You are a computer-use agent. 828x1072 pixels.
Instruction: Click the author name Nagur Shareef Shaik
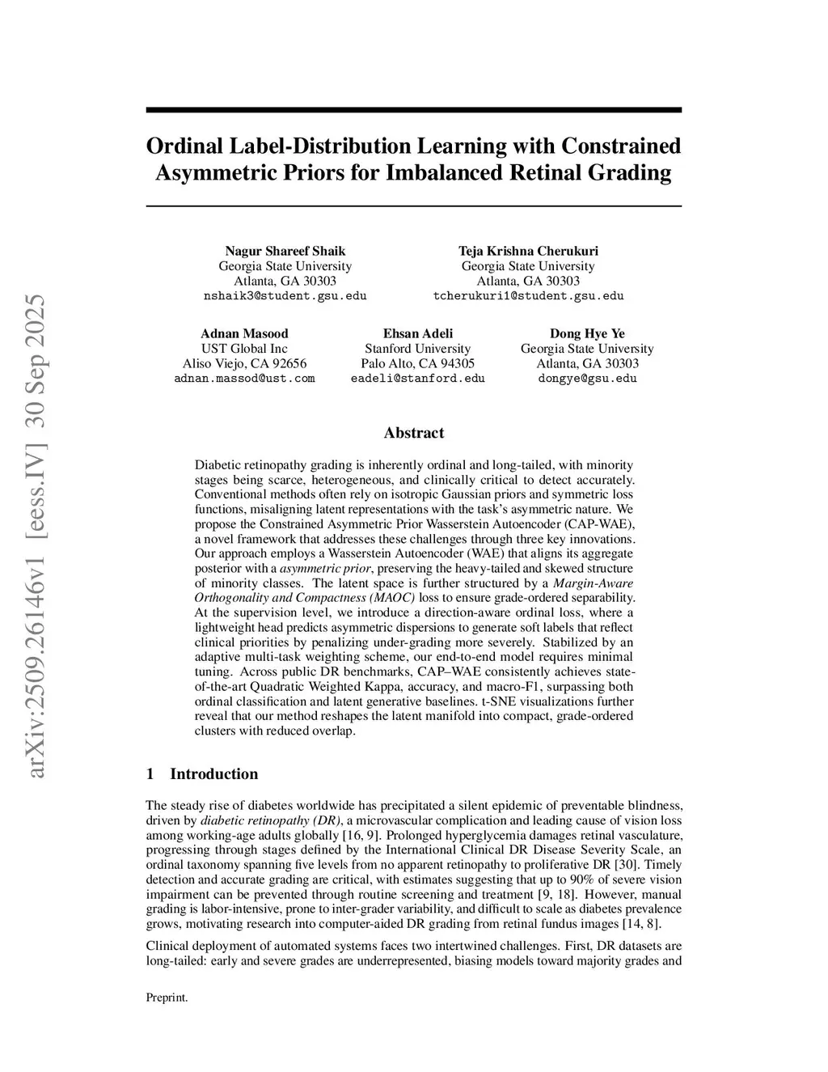(285, 251)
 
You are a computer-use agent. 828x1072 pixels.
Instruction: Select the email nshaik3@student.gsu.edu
(285, 296)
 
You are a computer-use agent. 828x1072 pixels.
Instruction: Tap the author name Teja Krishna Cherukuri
(528, 251)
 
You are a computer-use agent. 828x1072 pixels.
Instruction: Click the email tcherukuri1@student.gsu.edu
(528, 296)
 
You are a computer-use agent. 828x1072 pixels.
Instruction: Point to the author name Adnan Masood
(244, 333)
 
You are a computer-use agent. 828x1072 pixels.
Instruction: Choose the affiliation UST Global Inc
(244, 349)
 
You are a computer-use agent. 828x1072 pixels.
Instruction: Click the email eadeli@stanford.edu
(418, 379)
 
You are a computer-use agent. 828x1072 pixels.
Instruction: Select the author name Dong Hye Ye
(587, 333)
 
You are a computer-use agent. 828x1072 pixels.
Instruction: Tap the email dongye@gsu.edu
(587, 379)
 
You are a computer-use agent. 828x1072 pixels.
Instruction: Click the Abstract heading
(414, 433)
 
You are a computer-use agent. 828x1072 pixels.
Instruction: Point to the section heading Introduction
(213, 773)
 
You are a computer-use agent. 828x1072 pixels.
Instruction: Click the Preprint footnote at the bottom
(167, 998)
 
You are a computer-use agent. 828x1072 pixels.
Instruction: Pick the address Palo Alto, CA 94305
(418, 363)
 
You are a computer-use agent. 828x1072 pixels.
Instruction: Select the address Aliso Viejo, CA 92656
(244, 363)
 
